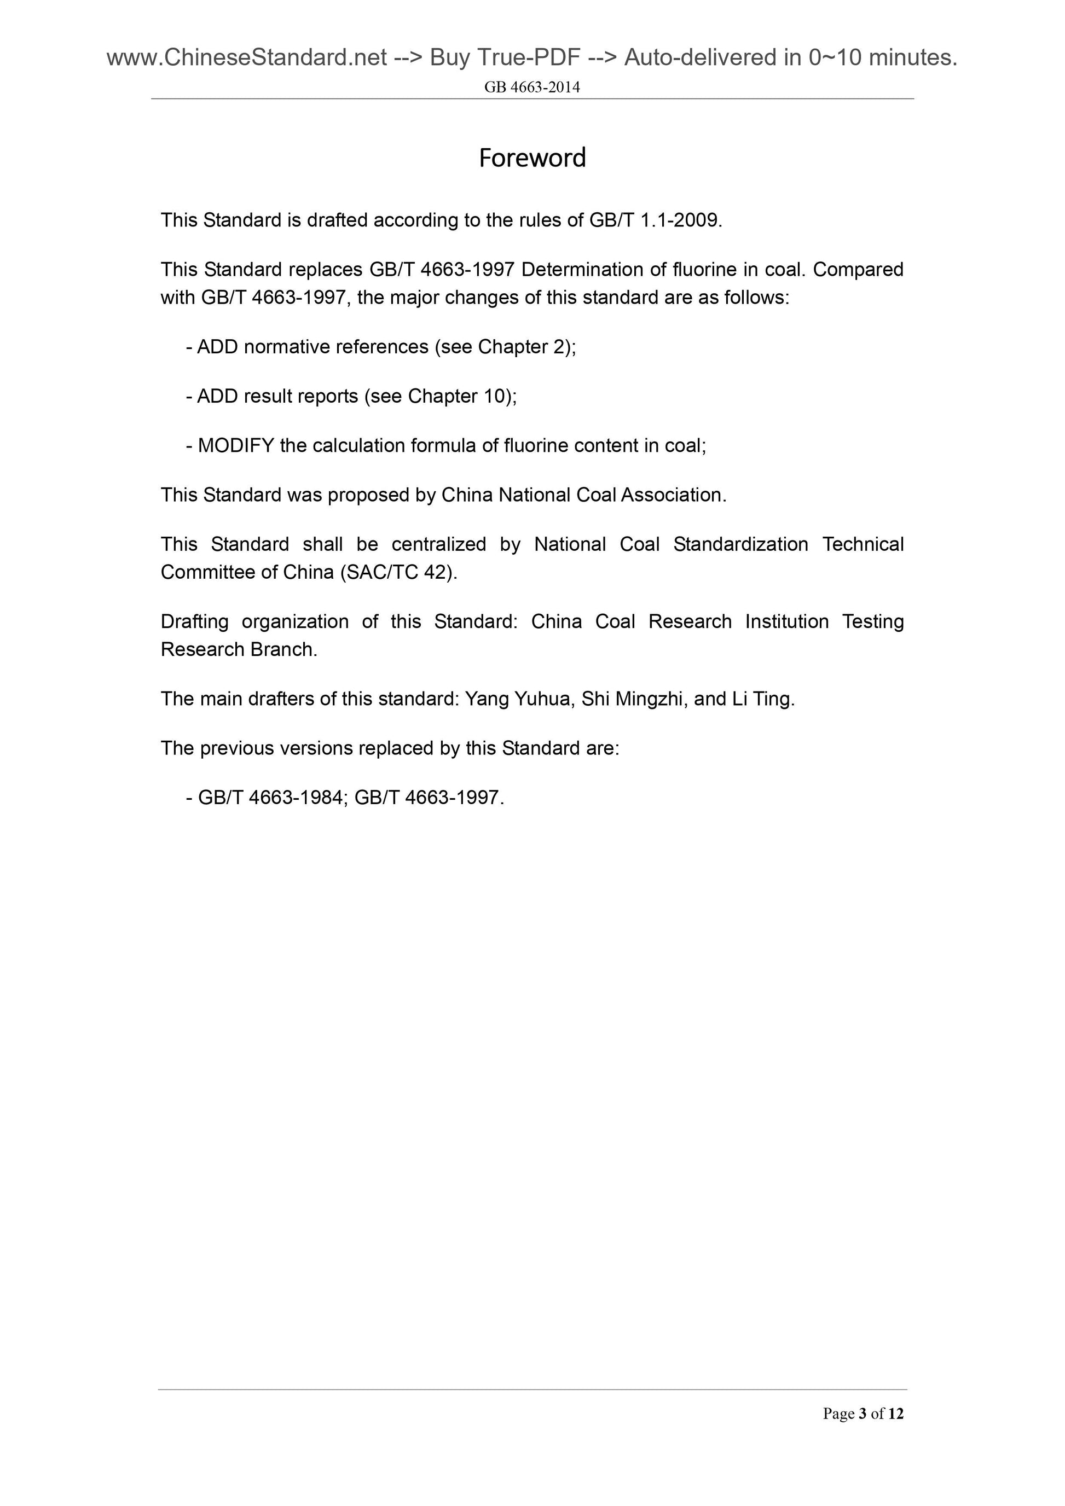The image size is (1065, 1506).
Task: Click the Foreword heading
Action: tap(532, 158)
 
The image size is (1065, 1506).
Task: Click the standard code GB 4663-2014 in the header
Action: tap(532, 87)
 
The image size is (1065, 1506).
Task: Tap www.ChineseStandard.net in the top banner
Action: tap(247, 59)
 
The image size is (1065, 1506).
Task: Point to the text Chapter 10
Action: tap(459, 396)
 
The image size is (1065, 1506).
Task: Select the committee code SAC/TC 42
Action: tap(396, 573)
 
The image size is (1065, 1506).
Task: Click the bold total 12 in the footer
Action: tap(896, 1414)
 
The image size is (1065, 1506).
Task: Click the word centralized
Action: tap(438, 544)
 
